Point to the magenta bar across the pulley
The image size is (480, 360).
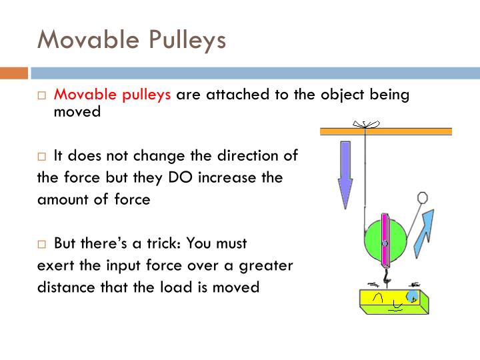pyautogui.click(x=385, y=237)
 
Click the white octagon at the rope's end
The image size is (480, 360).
pyautogui.click(x=421, y=197)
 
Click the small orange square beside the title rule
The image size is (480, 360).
pyautogui.click(x=13, y=73)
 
